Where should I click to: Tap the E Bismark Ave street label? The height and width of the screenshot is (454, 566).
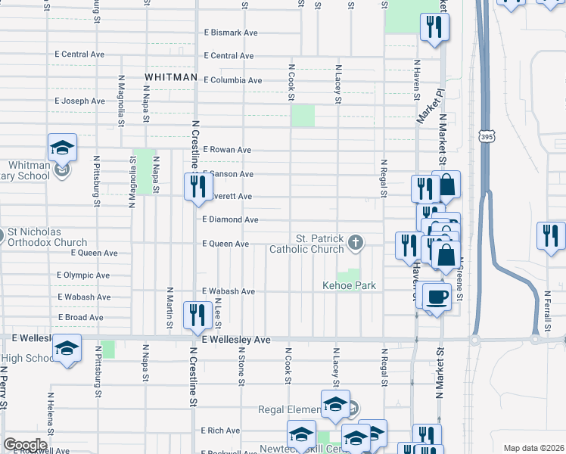(231, 33)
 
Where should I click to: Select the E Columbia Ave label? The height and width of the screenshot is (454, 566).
(232, 80)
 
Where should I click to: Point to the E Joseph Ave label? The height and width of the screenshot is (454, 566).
(79, 101)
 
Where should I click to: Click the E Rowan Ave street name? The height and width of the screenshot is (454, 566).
(226, 150)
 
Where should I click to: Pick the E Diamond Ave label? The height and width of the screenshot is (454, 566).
(230, 219)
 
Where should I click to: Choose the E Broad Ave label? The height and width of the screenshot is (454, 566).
(80, 317)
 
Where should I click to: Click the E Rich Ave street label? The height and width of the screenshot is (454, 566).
(221, 431)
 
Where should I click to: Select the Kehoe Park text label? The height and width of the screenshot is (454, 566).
(349, 286)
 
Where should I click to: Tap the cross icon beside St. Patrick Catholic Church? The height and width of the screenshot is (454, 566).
(355, 243)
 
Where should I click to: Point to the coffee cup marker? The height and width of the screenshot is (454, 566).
(437, 297)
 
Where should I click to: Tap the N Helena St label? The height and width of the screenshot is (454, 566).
(51, 413)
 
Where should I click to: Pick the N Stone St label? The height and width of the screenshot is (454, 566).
(241, 367)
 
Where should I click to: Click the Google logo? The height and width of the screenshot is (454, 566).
(24, 445)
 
